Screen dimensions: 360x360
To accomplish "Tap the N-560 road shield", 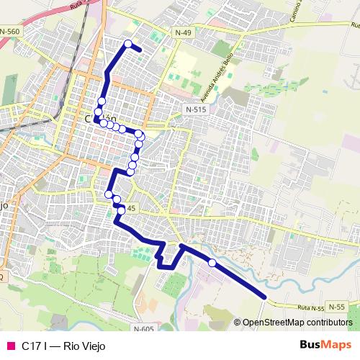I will click(11, 32).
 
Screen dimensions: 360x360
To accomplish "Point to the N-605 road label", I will click(144, 329).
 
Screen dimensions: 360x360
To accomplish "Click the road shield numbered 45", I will click(130, 208).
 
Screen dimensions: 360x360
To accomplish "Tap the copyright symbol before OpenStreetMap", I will click(238, 323).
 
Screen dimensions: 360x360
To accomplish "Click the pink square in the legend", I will click(10, 346).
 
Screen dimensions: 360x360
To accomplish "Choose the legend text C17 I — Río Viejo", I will click(63, 346).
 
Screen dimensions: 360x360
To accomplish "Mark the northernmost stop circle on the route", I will click(129, 44).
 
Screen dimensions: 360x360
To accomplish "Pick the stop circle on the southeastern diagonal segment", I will click(212, 263).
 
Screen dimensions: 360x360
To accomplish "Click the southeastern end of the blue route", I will click(266, 296).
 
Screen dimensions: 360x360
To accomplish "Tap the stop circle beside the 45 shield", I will click(122, 210).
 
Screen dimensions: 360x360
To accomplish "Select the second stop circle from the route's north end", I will click(102, 101).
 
